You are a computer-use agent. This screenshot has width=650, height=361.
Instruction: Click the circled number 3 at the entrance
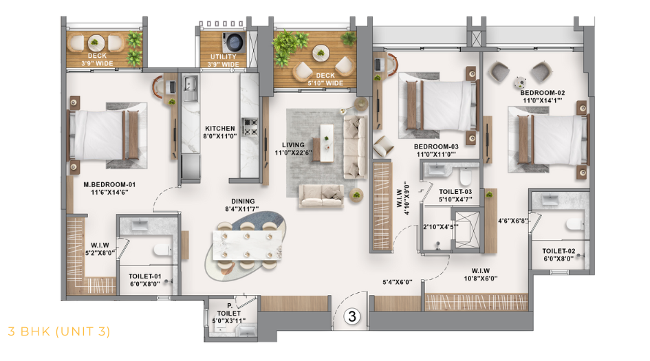[x=351, y=317]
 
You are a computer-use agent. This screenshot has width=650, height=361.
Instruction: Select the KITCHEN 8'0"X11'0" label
[x=220, y=133]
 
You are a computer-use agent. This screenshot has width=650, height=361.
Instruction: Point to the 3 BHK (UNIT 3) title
[x=58, y=331]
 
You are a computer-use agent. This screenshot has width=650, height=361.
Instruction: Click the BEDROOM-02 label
[x=542, y=96]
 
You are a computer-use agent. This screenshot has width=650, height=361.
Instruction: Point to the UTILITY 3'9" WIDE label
[x=223, y=61]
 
